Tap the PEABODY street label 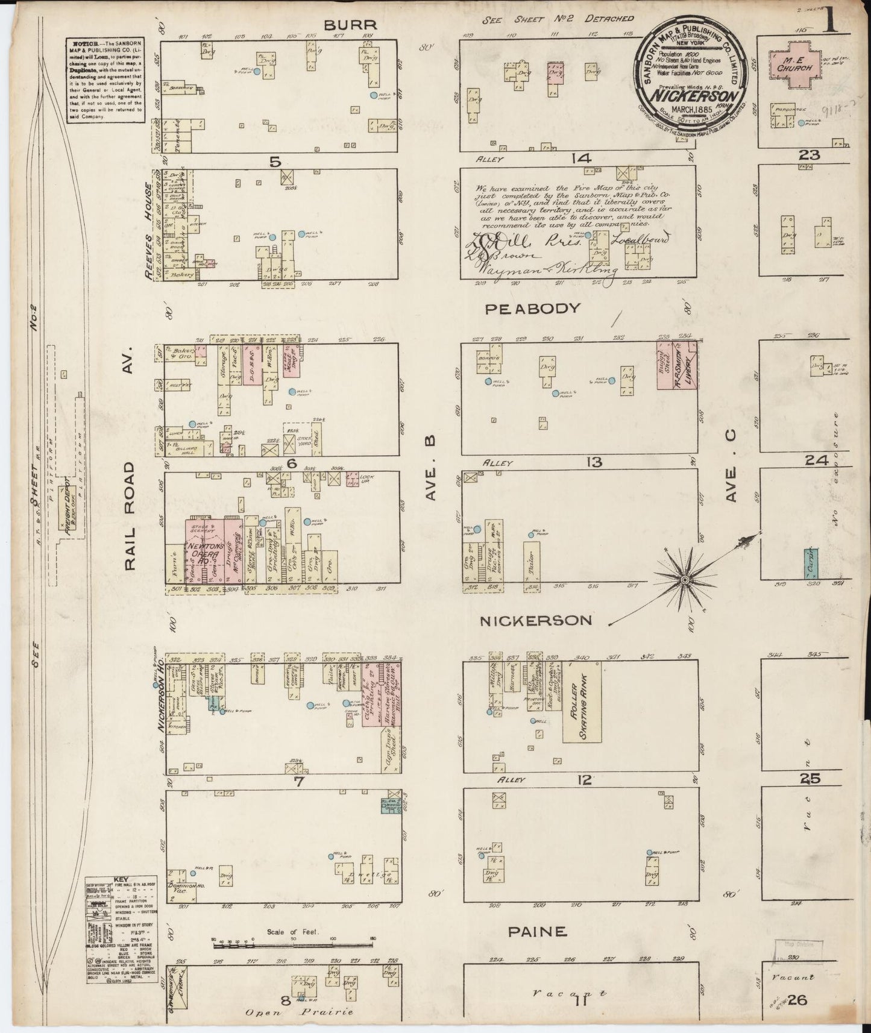(533, 309)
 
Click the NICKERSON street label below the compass (535, 620)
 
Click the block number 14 (582, 159)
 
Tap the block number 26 (797, 1000)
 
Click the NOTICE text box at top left (106, 81)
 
